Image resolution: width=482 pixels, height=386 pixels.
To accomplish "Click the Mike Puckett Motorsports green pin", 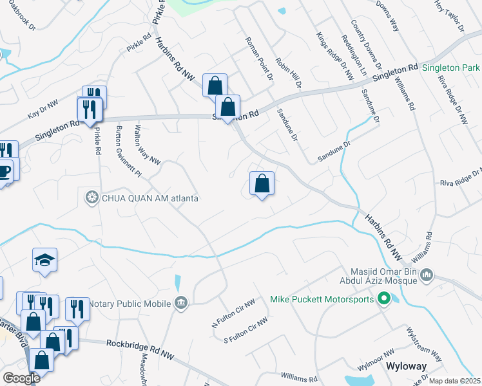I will pyautogui.click(x=385, y=299).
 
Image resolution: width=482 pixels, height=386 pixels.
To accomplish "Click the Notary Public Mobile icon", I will pyautogui.click(x=182, y=303).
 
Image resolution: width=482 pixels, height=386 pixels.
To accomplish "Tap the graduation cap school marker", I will pyautogui.click(x=44, y=260).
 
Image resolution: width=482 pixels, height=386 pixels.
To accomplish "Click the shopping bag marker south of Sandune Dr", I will pyautogui.click(x=262, y=184).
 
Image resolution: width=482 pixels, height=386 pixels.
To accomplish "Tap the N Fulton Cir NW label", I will pyautogui.click(x=233, y=314).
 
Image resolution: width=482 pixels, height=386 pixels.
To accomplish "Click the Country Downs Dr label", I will pyautogui.click(x=372, y=52).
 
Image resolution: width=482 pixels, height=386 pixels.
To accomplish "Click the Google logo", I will pyautogui.click(x=21, y=378).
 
